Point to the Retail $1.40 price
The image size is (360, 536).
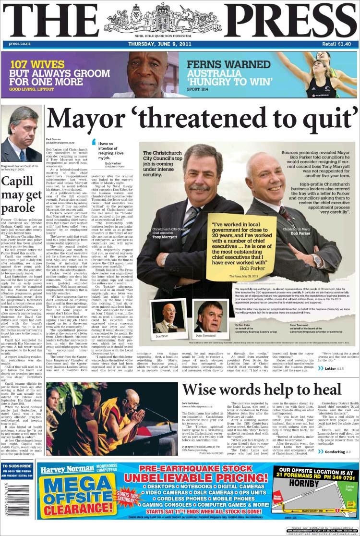[336, 44]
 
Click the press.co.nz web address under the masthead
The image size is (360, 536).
[20, 44]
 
